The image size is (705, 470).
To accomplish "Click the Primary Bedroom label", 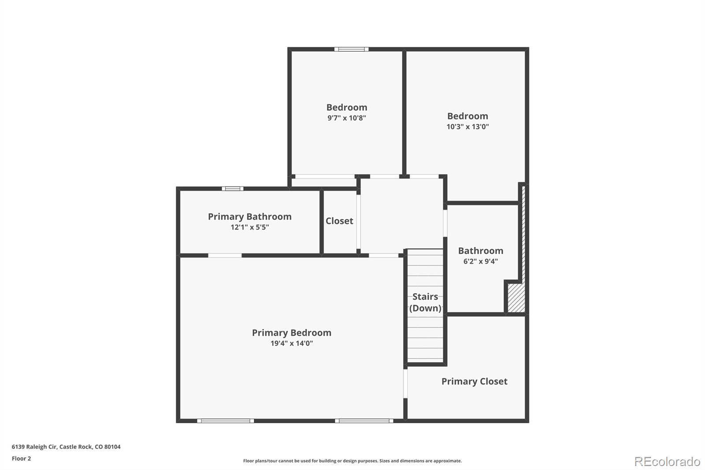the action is pyautogui.click(x=291, y=332).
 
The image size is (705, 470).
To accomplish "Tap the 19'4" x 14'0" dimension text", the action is pyautogui.click(x=292, y=343).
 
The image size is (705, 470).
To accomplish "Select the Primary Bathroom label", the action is pyautogui.click(x=249, y=217).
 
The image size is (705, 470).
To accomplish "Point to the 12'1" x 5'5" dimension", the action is pyautogui.click(x=249, y=227).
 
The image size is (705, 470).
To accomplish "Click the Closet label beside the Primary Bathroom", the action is pyautogui.click(x=339, y=221).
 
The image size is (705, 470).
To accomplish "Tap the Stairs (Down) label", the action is pyautogui.click(x=425, y=302).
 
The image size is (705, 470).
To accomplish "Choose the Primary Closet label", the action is pyautogui.click(x=474, y=381).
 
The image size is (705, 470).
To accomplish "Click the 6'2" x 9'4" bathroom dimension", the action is pyautogui.click(x=481, y=261).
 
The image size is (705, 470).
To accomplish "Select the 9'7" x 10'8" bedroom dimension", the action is pyautogui.click(x=346, y=118).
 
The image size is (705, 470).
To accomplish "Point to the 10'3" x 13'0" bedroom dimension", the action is pyautogui.click(x=468, y=127).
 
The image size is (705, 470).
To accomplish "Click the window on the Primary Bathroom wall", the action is pyautogui.click(x=233, y=189).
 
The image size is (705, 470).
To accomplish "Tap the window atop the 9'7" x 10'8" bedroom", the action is pyautogui.click(x=351, y=49).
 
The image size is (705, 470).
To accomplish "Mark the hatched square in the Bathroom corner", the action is pyautogui.click(x=516, y=298).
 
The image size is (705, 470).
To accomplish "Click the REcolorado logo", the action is pyautogui.click(x=667, y=462).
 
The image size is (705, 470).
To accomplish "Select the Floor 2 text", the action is pyautogui.click(x=22, y=459).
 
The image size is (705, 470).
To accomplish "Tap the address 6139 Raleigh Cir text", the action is pyautogui.click(x=66, y=447).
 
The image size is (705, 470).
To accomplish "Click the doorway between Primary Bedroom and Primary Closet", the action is pyautogui.click(x=405, y=384).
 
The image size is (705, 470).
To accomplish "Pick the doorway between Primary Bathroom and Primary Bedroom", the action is pyautogui.click(x=225, y=255).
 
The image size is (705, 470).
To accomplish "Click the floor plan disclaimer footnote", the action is pyautogui.click(x=352, y=461).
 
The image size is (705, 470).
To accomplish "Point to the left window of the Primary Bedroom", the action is pyautogui.click(x=225, y=421).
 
